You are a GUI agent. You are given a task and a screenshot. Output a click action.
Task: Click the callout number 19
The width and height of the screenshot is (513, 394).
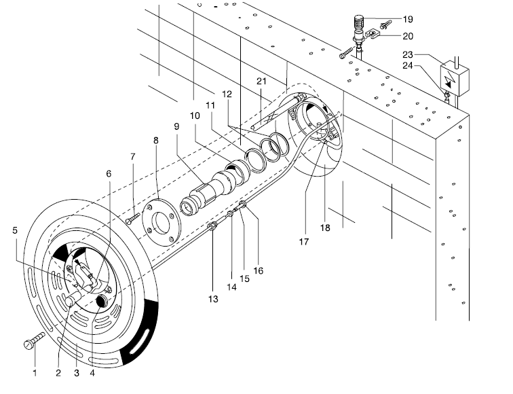click(408, 19)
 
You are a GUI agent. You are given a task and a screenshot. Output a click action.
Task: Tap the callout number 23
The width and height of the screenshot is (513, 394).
click(408, 54)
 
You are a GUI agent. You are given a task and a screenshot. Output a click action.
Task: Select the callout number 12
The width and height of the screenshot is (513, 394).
click(227, 94)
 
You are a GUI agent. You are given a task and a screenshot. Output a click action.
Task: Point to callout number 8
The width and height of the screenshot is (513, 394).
click(156, 141)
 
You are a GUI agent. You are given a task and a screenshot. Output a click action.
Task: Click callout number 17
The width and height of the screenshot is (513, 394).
click(303, 242)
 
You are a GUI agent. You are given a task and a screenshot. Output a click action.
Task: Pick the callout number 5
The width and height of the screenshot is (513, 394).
click(15, 230)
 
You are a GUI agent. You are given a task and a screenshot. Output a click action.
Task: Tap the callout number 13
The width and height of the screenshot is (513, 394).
click(213, 299)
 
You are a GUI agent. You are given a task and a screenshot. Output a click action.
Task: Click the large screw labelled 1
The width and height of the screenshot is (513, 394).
click(34, 341)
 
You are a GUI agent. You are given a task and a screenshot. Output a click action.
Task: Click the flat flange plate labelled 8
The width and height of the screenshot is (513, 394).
click(161, 222)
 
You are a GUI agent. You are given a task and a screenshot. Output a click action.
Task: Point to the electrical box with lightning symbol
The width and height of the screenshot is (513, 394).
click(455, 78)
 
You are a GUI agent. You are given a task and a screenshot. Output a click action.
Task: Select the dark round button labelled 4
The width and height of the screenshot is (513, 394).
click(103, 300)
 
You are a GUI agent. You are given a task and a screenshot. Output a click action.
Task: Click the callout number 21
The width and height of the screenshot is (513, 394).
click(261, 81)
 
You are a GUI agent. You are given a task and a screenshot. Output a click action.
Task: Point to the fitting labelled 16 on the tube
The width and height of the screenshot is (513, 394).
click(244, 205)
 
